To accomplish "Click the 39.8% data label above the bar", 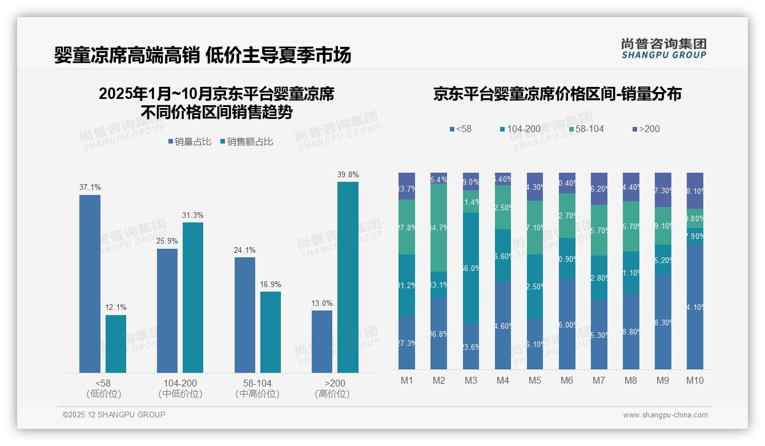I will (x=348, y=174).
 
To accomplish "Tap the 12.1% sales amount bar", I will (x=116, y=344).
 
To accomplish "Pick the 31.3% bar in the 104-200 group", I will (x=192, y=297).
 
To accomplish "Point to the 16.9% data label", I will (x=271, y=284).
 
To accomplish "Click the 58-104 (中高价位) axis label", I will (x=257, y=388).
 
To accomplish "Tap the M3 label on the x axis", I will (x=470, y=381).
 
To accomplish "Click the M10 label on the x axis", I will (x=695, y=381).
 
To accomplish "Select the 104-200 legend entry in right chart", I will (x=520, y=129).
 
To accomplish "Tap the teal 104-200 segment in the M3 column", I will (x=470, y=268).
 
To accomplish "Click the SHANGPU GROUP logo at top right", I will (x=663, y=49).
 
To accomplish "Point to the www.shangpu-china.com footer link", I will (x=665, y=415).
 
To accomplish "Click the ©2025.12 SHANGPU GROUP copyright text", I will (x=114, y=415).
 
